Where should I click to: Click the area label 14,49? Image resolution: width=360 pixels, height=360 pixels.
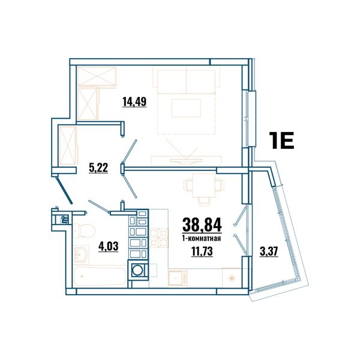pos(134,102)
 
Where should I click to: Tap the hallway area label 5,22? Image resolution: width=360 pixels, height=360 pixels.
pos(98,168)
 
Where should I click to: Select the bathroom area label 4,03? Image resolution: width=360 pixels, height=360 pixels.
pos(108,247)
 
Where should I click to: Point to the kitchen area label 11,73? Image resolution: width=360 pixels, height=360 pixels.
pos(202,251)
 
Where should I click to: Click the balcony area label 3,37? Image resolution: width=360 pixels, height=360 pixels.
pos(269,251)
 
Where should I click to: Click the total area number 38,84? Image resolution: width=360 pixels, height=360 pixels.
pos(202,225)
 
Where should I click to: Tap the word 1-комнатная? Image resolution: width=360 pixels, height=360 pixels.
pos(202,239)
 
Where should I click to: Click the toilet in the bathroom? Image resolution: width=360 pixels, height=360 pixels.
pos(84,230)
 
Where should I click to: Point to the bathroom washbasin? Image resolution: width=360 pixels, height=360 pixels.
pos(81,254)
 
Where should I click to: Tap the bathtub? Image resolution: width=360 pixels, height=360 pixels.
pos(100,277)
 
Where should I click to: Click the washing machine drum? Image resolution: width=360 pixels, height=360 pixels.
pos(137,270)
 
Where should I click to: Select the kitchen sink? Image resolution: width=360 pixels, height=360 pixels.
pos(178,278)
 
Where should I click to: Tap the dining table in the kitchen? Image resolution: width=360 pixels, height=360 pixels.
pos(204,185)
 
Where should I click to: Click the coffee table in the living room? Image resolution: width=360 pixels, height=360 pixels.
pos(186,108)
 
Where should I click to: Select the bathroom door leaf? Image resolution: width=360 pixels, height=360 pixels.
pos(99,206)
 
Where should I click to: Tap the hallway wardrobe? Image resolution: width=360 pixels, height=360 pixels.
pos(68,145)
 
